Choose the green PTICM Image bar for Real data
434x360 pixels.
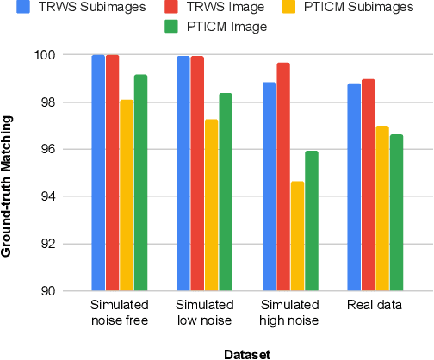click(396, 213)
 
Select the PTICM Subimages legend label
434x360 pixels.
click(342, 9)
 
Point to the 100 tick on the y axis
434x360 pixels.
click(68, 55)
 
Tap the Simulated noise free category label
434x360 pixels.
click(120, 313)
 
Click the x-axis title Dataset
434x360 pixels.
click(248, 352)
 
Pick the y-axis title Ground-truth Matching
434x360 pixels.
click(9, 171)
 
